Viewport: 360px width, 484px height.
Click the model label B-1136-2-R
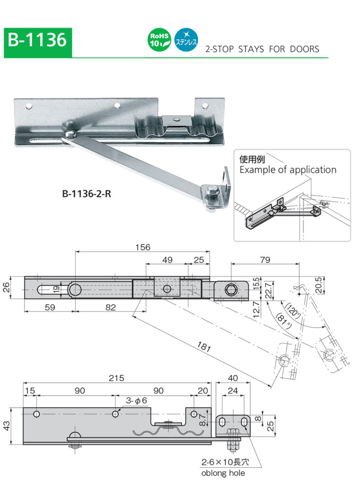(86, 193)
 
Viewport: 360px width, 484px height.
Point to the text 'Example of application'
(287, 170)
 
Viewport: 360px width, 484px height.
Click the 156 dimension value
(142, 247)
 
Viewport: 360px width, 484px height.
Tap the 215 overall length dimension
(116, 378)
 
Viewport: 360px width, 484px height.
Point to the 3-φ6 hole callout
(137, 401)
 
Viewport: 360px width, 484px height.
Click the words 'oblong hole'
(223, 473)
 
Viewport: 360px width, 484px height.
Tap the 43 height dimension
(6, 426)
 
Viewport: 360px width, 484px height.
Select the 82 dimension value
(110, 307)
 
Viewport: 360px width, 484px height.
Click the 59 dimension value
(49, 307)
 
